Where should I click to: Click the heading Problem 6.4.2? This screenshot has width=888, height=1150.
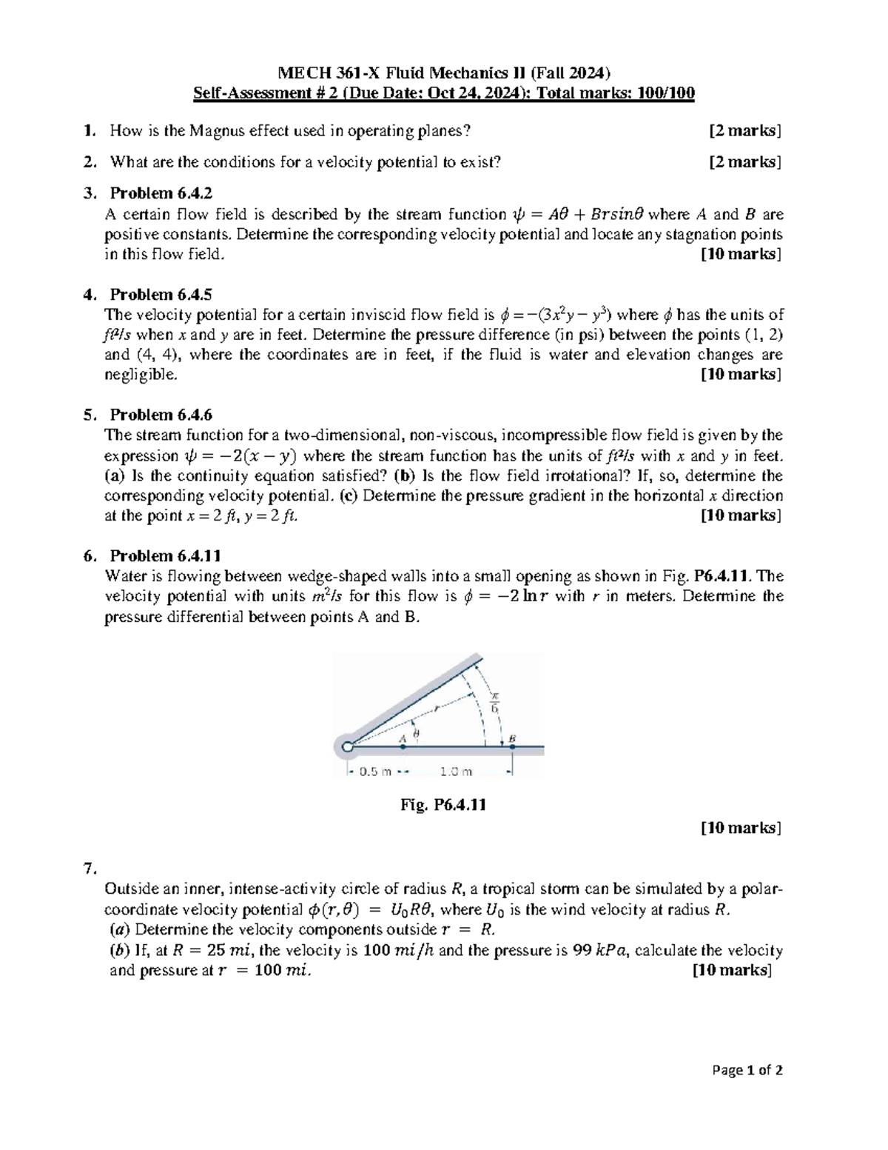(161, 193)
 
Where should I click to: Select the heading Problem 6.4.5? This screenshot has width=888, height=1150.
(161, 294)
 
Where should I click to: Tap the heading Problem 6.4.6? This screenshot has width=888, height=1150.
(161, 415)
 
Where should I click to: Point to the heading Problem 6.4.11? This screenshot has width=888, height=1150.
(165, 555)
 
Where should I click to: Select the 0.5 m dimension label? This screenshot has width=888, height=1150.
(374, 772)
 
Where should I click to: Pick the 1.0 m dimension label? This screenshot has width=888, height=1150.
(455, 772)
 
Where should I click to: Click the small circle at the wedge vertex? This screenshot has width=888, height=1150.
(347, 748)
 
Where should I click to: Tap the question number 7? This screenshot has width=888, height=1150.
(90, 868)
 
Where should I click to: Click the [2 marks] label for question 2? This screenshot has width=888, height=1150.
(744, 162)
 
